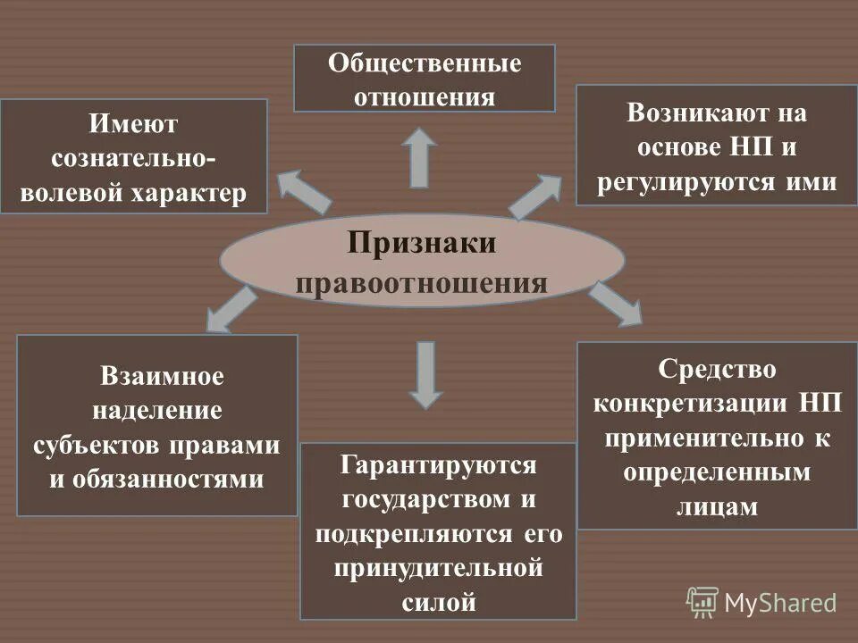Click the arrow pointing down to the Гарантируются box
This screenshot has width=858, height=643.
[426, 374]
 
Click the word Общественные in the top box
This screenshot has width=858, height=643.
[425, 64]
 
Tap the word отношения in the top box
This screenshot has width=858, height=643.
[425, 96]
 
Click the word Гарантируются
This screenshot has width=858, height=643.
[437, 465]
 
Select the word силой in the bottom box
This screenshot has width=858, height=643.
[438, 602]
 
